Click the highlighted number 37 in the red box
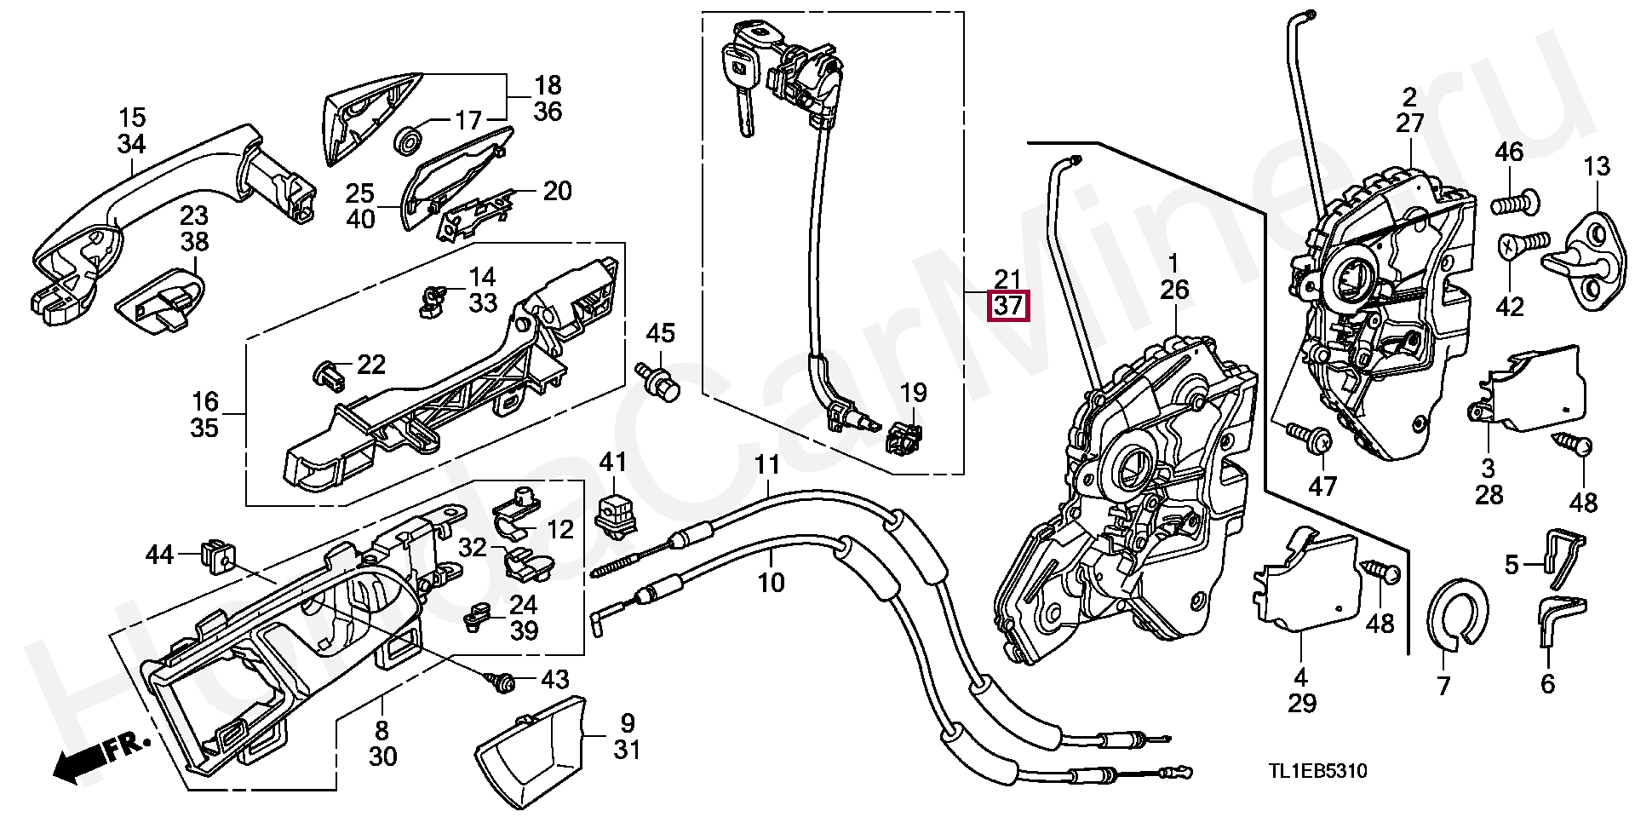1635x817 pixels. tap(1007, 306)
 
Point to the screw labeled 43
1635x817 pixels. tap(503, 680)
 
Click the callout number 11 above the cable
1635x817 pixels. tap(767, 466)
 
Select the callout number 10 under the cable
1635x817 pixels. tap(771, 584)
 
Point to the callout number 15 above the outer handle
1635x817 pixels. tap(132, 118)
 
